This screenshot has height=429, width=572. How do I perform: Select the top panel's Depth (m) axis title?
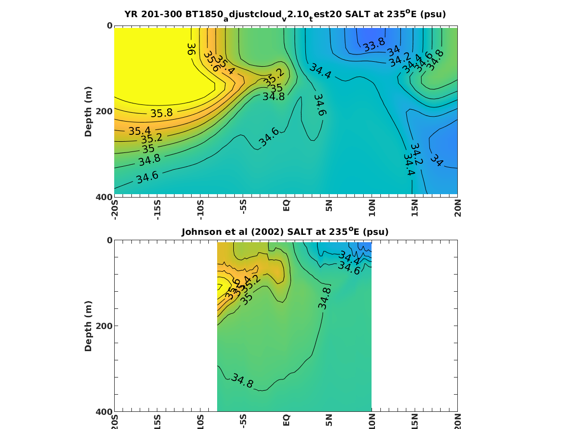88,111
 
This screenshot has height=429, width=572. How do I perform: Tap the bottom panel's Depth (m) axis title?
88,326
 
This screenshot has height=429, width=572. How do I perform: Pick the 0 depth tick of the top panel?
109,25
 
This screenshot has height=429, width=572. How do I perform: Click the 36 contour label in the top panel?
191,49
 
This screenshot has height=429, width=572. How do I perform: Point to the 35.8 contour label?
161,113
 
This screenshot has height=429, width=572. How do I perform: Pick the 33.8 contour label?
374,45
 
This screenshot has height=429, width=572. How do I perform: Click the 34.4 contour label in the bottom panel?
348,258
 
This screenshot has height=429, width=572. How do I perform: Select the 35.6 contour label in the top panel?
212,61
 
